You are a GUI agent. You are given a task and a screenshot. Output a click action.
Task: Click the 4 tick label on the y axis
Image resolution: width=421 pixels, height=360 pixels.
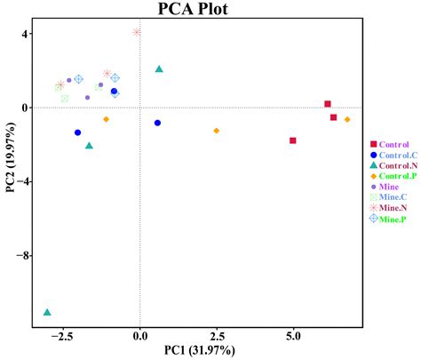(27, 34)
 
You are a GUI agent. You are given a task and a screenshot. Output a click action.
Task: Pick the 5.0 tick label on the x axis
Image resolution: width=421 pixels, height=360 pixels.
(293, 337)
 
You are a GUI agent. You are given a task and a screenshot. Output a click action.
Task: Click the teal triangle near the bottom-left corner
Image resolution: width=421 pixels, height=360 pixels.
(47, 312)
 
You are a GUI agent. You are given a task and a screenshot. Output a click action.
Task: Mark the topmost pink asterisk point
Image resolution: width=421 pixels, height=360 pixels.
(136, 32)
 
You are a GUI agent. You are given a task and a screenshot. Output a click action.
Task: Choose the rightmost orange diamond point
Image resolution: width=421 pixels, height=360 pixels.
(347, 119)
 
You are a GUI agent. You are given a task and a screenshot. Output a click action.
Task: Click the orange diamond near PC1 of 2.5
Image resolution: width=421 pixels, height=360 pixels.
(217, 131)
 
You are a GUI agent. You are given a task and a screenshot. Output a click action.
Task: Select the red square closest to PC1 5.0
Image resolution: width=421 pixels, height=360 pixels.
(293, 140)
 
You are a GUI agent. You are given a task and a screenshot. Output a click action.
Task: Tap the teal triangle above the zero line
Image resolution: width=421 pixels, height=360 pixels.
(159, 68)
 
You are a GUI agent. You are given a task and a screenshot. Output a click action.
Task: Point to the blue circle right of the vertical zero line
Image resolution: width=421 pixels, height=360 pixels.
(157, 123)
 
